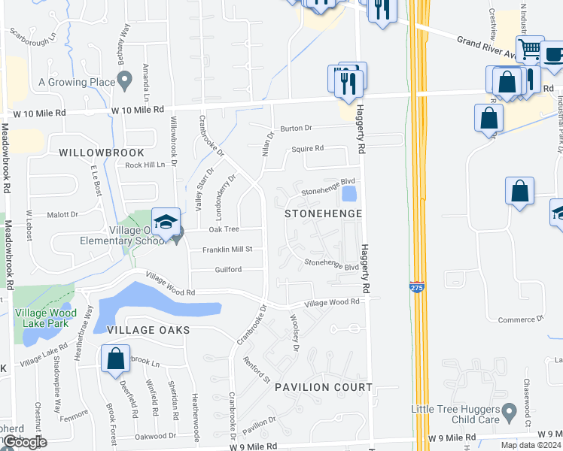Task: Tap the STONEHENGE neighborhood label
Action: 324,214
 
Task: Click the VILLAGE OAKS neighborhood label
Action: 148,330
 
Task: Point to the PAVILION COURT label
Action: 323,387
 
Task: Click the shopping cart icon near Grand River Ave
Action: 530,50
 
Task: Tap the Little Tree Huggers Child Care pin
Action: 510,410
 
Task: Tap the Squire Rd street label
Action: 308,149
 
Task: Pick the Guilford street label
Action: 228,269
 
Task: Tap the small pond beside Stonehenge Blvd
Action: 348,194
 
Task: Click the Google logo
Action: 24,443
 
